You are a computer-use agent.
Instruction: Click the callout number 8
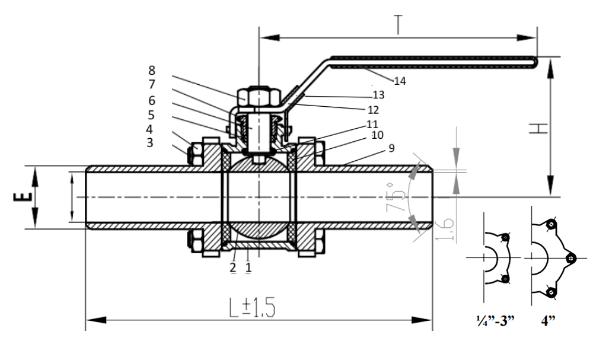pyautogui.click(x=152, y=69)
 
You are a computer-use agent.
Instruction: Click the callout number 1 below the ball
pyautogui.click(x=248, y=267)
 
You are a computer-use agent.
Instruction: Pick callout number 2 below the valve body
pyautogui.click(x=233, y=267)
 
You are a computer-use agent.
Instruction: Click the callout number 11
pyautogui.click(x=372, y=124)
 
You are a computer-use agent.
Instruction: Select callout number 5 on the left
pyautogui.click(x=152, y=114)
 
